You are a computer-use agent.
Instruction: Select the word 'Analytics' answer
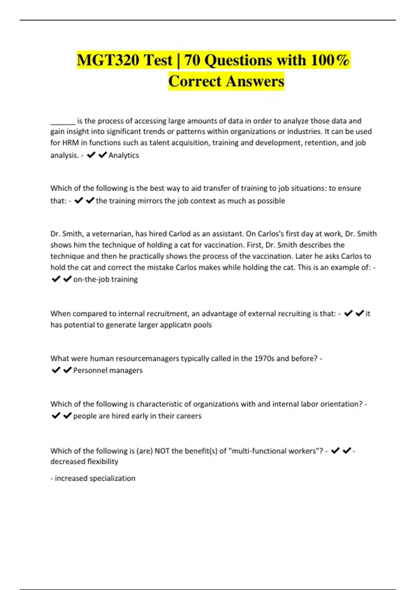click(123, 155)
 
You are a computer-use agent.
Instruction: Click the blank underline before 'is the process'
click(63, 121)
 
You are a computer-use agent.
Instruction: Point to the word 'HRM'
click(70, 143)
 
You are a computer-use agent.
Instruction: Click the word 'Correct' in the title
click(195, 82)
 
